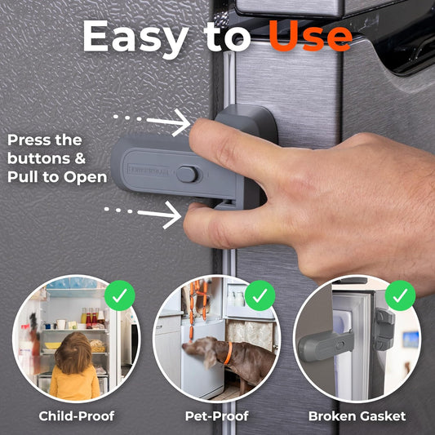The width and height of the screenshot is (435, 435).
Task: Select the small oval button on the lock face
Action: coord(188,174)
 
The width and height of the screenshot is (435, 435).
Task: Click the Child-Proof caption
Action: coord(77,416)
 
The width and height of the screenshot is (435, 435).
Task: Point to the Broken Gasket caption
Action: coord(357,416)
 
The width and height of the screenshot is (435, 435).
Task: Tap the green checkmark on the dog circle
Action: coord(260,295)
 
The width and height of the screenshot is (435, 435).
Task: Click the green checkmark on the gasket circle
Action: coord(400,295)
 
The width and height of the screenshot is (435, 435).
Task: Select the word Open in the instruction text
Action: coord(88,176)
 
